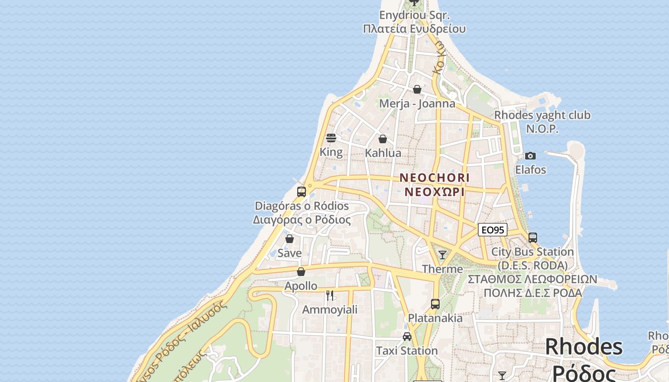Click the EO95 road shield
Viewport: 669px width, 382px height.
(x=493, y=230)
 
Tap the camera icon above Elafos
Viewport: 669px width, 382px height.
(x=530, y=156)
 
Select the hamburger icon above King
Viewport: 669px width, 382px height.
(x=331, y=138)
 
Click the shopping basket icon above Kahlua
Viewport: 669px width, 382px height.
(x=383, y=139)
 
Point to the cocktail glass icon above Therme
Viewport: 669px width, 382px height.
(x=442, y=255)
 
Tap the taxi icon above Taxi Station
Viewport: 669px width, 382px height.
(x=407, y=337)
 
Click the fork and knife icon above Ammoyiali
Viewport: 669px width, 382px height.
(x=330, y=296)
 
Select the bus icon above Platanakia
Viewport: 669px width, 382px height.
(x=435, y=304)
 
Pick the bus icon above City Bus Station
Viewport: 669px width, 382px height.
(x=533, y=237)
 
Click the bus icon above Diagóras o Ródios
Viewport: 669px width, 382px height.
(x=302, y=192)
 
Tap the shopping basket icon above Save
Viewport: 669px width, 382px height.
(x=290, y=239)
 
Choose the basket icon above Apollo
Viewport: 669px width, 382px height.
(x=301, y=272)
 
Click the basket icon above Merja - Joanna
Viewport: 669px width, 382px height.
(x=417, y=89)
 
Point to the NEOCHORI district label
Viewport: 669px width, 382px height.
(x=434, y=178)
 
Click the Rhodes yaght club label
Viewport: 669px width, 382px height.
(x=542, y=115)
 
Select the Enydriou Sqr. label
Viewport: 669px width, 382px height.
(x=414, y=15)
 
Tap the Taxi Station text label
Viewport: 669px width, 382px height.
(x=407, y=351)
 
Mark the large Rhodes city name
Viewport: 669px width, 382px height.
(x=583, y=347)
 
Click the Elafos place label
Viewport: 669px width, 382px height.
(x=530, y=170)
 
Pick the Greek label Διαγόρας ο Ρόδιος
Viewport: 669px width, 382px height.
(x=302, y=220)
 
